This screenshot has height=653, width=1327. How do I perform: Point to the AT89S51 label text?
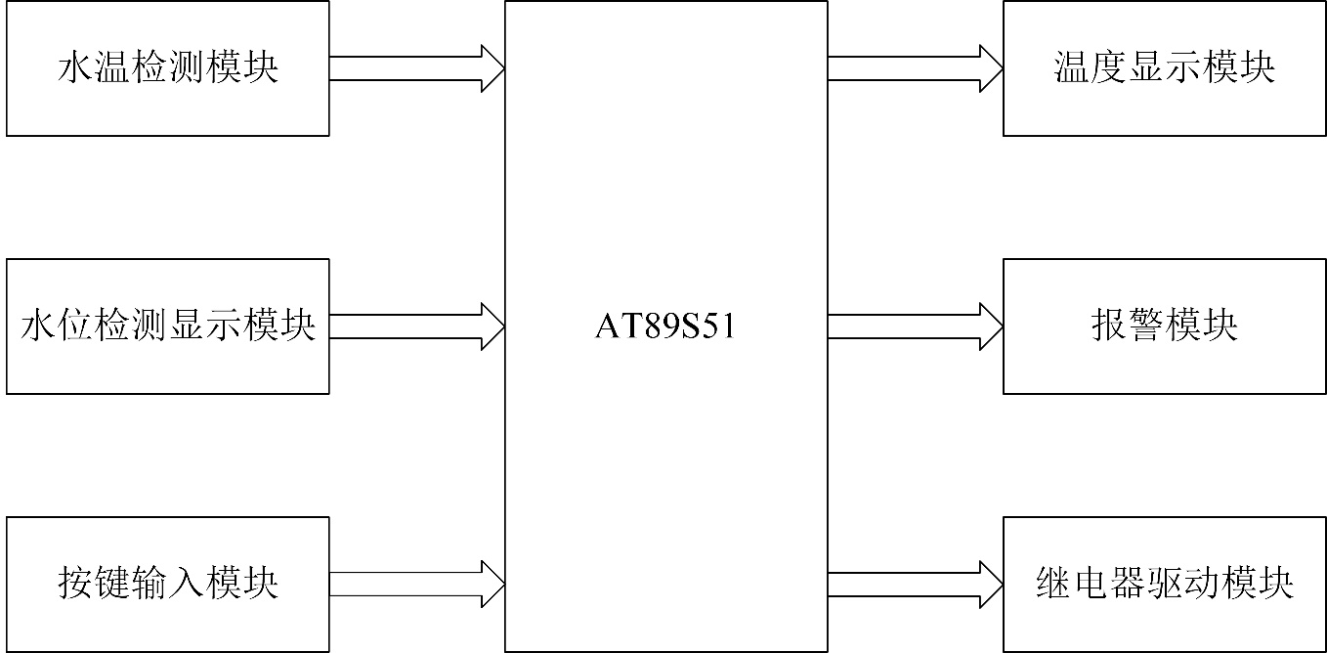point(664,326)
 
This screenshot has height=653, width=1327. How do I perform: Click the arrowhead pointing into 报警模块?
point(990,326)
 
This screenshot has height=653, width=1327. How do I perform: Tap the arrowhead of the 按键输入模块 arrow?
point(492,584)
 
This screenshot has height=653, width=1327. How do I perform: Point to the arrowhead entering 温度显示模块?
point(990,67)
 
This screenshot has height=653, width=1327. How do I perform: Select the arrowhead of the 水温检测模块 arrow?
point(492,67)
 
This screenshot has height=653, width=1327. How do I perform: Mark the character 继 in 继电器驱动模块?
point(1052,585)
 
